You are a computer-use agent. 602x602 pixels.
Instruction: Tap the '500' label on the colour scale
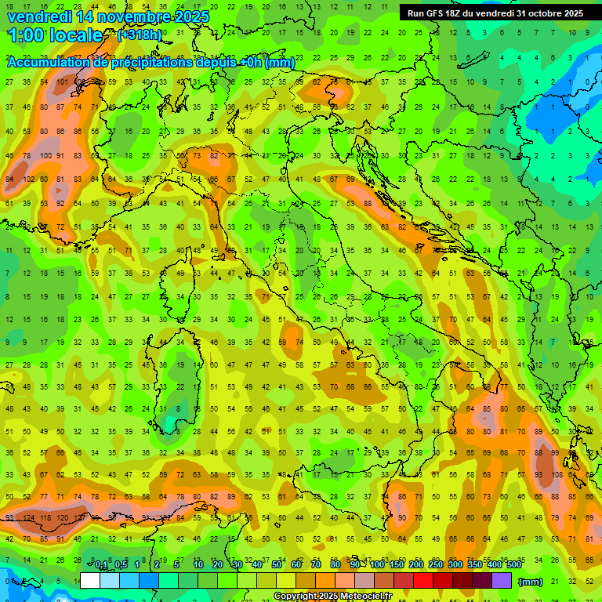513,565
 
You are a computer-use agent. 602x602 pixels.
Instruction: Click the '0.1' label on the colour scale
101,565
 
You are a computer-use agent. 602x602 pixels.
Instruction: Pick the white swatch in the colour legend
90,580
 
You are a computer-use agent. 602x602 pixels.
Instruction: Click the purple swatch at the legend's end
502,580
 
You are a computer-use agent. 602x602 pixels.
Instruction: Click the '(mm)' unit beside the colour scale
531,582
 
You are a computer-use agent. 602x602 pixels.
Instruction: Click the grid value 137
79,518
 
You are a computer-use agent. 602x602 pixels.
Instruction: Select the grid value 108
554,474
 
